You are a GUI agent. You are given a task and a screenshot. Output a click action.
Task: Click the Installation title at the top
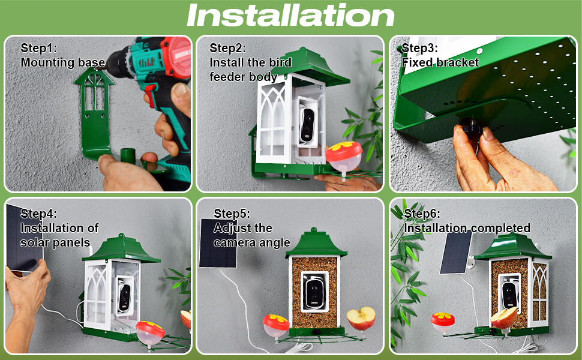[x=290, y=15]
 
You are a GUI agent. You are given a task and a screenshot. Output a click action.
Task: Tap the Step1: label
[x=38, y=48]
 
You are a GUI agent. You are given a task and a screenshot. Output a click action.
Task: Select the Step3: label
[x=419, y=48]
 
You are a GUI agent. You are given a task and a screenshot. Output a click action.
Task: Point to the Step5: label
[x=232, y=214]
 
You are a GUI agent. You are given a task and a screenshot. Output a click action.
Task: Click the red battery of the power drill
[x=176, y=57]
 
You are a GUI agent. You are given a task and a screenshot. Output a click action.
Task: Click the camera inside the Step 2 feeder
[x=307, y=125]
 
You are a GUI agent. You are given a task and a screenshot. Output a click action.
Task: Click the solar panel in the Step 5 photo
[x=218, y=243]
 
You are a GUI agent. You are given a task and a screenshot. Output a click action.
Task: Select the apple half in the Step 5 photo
[x=361, y=317]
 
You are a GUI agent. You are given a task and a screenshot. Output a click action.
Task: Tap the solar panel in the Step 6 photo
[x=456, y=252]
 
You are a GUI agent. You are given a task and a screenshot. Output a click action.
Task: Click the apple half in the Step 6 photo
[x=503, y=318]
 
